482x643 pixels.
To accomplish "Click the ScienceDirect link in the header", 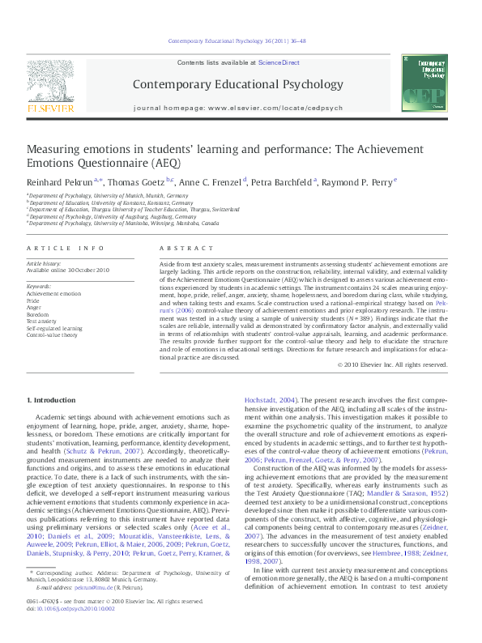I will (x=279, y=62).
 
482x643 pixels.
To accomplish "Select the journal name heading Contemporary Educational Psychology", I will (x=237, y=83).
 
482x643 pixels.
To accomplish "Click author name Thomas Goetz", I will (x=136, y=181).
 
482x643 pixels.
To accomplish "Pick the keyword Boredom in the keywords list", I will (x=39, y=315).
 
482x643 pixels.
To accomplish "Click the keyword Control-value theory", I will (x=53, y=334).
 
